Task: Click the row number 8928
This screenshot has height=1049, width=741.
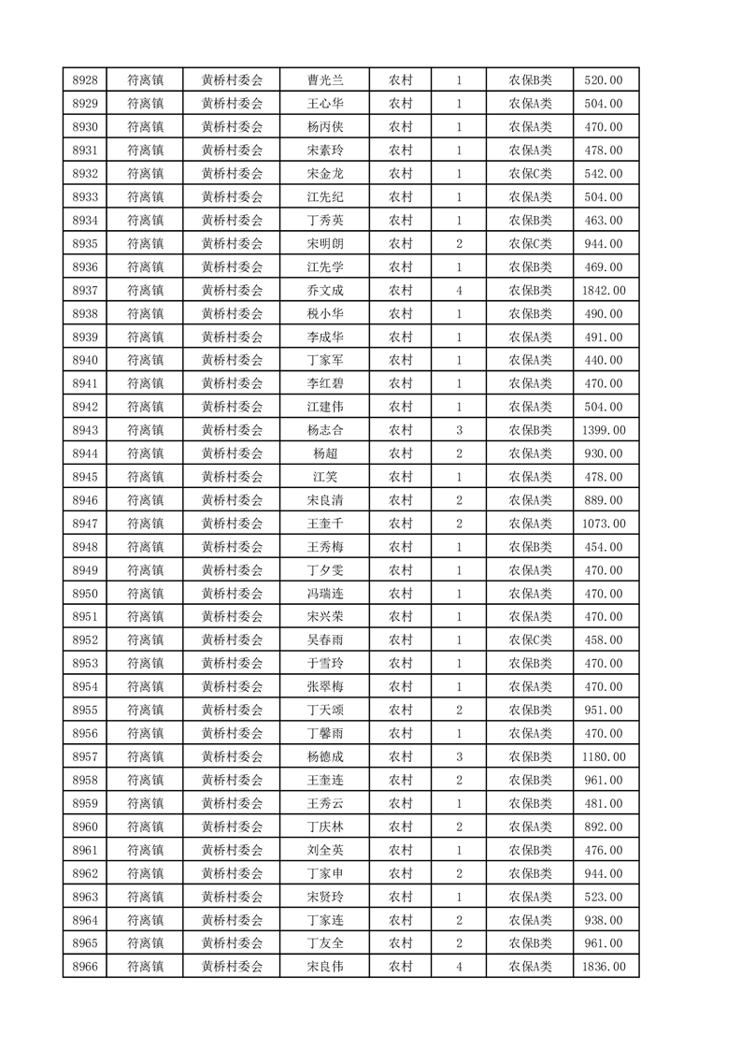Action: [x=85, y=79]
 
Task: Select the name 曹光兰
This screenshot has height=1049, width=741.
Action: [x=324, y=79]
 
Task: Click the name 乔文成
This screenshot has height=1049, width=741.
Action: [x=324, y=290]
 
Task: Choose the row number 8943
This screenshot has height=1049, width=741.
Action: [x=85, y=430]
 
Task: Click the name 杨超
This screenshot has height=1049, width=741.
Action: [x=324, y=453]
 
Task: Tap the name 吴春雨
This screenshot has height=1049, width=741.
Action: [x=324, y=640]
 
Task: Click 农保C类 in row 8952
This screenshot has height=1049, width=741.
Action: [x=530, y=640]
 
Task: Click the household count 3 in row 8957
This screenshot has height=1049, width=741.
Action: [x=459, y=756]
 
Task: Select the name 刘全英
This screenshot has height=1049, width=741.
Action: [x=324, y=850]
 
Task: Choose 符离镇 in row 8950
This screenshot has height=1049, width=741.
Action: [x=145, y=594]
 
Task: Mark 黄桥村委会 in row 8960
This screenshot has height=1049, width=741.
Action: [x=232, y=826]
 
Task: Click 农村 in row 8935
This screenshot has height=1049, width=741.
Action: [x=400, y=243]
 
